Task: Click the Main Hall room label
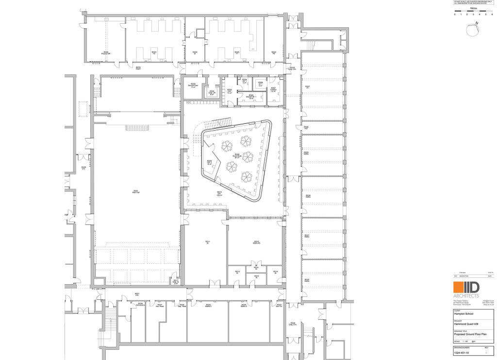[136, 191]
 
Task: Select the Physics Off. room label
[105, 53]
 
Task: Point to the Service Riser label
[193, 85]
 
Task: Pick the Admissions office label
[140, 304]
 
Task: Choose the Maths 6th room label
[257, 242]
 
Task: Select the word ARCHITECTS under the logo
[466, 296]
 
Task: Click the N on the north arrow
[478, 23]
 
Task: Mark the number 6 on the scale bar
[491, 15]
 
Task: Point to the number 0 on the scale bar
[455, 15]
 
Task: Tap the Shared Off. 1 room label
[251, 96]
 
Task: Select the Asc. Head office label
[159, 305]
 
